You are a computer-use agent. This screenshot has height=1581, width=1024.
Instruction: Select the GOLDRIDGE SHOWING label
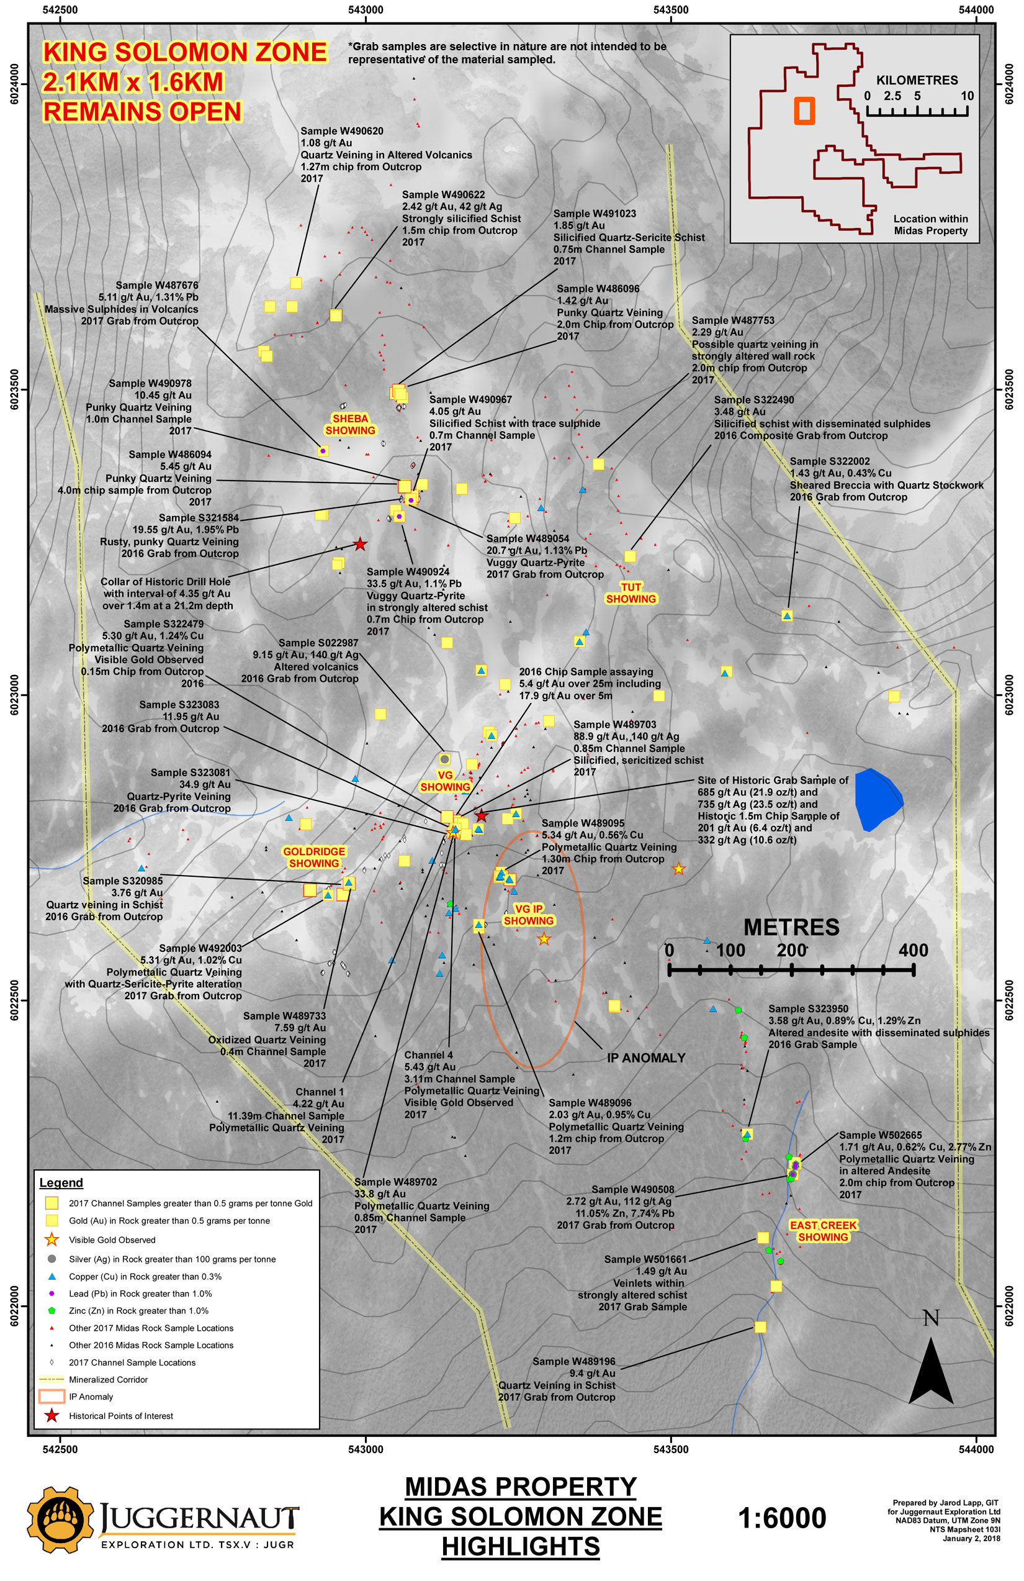[314, 857]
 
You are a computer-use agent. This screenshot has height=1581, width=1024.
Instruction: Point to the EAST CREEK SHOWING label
[823, 1231]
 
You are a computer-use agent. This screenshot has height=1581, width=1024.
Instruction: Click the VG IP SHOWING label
[529, 915]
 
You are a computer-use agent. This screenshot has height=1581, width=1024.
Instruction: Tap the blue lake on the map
[876, 799]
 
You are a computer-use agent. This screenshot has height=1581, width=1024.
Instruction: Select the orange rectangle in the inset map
[804, 111]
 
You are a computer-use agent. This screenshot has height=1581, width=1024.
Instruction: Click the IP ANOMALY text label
[645, 1058]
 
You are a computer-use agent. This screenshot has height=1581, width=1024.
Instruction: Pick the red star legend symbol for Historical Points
[51, 1416]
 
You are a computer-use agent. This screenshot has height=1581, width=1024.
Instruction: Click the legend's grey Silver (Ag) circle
[51, 1259]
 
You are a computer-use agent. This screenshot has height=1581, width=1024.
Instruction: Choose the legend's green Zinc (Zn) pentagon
[51, 1311]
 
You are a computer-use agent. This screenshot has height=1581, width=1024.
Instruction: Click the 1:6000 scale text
[781, 1518]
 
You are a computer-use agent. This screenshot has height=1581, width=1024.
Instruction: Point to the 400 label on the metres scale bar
[913, 950]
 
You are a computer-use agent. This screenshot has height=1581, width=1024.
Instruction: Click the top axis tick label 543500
[671, 10]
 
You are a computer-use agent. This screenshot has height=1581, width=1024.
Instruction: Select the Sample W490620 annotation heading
[341, 131]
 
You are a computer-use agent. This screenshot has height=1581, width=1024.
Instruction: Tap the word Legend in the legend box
[61, 1182]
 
